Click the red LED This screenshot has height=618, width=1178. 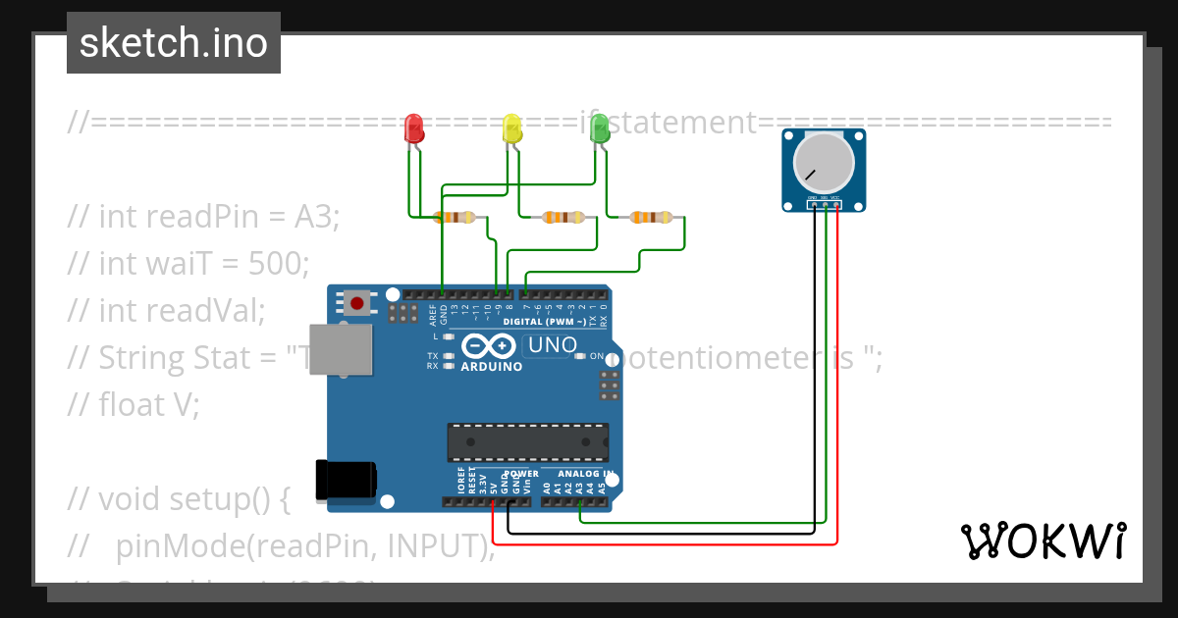414,129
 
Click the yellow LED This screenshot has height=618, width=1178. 511,129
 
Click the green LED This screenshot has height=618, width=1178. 600,129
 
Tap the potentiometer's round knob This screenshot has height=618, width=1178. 823,162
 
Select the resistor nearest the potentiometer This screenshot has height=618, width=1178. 651,217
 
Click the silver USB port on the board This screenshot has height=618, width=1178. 341,348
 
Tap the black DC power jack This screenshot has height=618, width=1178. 344,480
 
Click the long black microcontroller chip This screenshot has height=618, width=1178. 527,442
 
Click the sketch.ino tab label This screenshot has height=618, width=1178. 174,43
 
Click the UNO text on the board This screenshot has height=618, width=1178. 552,345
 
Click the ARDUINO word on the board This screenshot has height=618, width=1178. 491,367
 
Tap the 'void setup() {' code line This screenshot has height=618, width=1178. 179,498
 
